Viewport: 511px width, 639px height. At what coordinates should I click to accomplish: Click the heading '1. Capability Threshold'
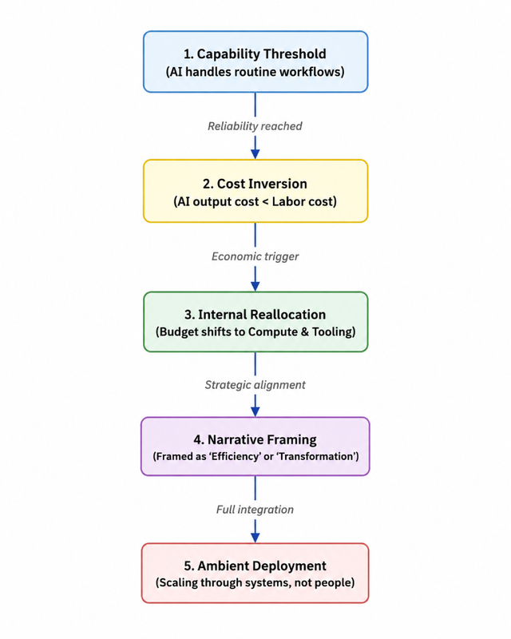coord(255,54)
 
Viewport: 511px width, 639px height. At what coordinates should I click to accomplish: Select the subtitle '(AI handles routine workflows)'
coord(255,72)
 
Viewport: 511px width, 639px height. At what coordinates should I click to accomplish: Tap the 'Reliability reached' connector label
coord(255,126)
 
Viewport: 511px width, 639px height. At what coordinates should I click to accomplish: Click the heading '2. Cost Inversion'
coord(255,184)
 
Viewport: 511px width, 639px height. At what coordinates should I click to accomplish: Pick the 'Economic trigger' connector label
coord(255,256)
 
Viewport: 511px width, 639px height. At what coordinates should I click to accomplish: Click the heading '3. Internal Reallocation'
coord(255,314)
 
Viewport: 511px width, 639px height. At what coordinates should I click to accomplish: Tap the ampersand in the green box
coord(305,331)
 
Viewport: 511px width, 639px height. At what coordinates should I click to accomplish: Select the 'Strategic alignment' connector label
coord(255,385)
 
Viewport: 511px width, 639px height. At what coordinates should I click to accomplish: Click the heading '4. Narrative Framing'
coord(255,439)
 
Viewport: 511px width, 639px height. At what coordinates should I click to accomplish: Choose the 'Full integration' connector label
coord(255,510)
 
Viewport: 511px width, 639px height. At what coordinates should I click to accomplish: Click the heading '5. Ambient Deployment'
coord(255,566)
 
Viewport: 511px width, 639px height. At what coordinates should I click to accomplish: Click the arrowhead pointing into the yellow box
coord(255,153)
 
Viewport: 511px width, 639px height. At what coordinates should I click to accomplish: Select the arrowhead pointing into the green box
coord(255,286)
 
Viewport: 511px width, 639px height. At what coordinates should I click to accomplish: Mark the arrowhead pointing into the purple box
coord(255,411)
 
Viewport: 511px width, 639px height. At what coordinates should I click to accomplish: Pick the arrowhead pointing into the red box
coord(255,537)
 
